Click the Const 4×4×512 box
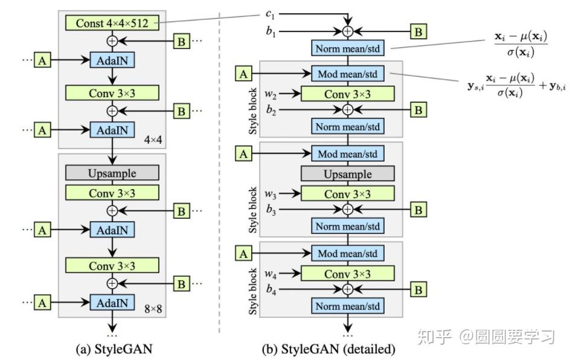[112, 23]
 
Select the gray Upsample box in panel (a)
[112, 173]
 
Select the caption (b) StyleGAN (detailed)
[329, 349]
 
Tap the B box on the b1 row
[418, 31]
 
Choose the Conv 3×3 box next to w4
[347, 274]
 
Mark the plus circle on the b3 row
[347, 210]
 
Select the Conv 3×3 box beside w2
[347, 94]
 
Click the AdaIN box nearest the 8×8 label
[112, 301]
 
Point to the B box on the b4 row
[418, 290]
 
